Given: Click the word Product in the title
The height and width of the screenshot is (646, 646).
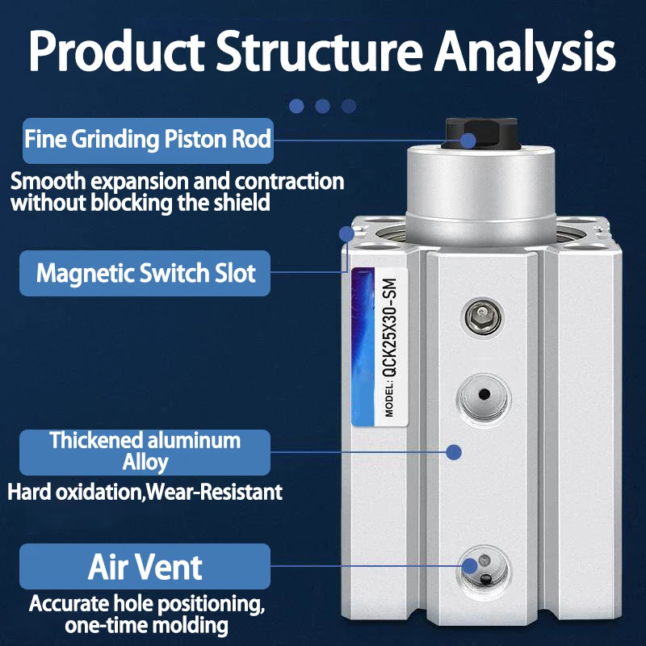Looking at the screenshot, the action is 116,52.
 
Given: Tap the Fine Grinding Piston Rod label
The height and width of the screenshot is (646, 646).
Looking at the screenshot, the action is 148,141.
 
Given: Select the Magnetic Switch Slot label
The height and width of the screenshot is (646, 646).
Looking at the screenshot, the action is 145,273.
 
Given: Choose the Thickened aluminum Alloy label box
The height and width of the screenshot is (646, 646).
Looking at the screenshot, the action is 145,452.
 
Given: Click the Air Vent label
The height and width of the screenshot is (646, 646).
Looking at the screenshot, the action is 145,567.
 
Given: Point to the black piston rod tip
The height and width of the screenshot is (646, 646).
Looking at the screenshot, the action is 480,133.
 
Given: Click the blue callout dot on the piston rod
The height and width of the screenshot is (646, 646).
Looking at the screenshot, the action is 468,141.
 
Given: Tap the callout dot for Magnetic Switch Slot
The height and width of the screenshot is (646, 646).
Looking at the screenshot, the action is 347,234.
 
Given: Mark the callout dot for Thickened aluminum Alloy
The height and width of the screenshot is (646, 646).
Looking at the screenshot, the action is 454,452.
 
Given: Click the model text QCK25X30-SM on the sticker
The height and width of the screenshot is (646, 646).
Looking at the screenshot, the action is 390,328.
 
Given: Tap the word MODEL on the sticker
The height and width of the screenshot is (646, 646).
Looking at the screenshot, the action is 389,401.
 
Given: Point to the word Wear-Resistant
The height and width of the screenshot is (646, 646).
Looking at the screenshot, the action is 214,492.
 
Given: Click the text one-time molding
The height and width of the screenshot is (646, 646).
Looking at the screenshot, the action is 146,625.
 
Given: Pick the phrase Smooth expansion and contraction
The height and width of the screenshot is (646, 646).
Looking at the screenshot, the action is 177,181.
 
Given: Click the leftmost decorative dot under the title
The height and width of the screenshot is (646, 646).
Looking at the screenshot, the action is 296,107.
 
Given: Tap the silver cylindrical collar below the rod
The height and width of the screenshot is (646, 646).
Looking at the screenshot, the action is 480,195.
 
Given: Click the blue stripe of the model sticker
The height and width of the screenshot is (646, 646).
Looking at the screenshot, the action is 363,347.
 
